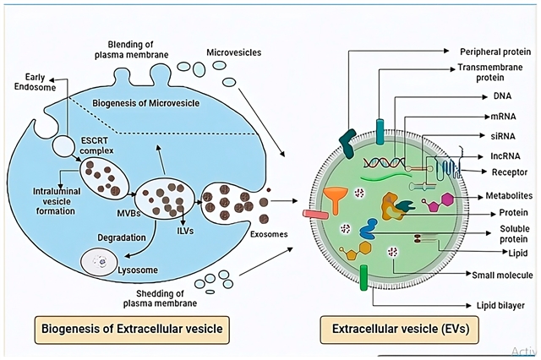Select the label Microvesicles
[x=233, y=53]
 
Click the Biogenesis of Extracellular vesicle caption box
[x=126, y=326]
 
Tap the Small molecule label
[x=503, y=275]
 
